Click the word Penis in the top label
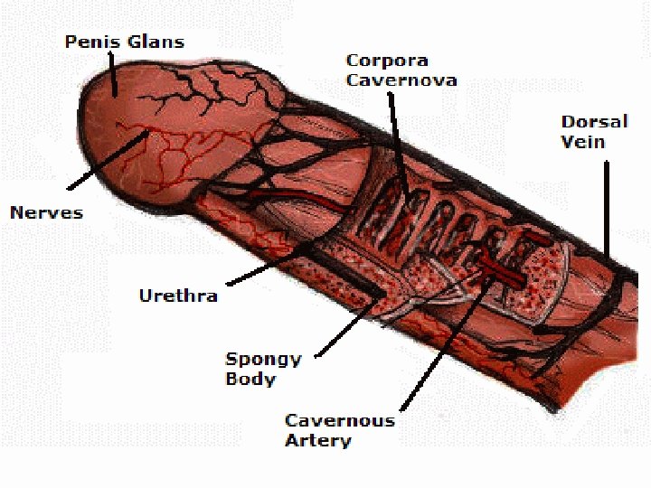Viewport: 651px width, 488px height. coord(88,42)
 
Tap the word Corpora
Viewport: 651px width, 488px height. coord(388,61)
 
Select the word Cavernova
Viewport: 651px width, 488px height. coord(401,80)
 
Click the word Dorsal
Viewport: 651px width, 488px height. coord(594,122)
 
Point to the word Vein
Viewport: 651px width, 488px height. coord(582,142)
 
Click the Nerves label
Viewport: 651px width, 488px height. coord(46,213)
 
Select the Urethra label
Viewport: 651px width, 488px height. coord(178,296)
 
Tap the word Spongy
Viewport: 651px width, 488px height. coord(263,360)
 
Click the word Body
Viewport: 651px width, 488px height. coord(250,380)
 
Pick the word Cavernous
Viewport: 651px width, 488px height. coord(339,421)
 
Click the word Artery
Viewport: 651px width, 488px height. coord(317,441)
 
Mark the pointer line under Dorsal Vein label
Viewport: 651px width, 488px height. coord(607,208)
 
